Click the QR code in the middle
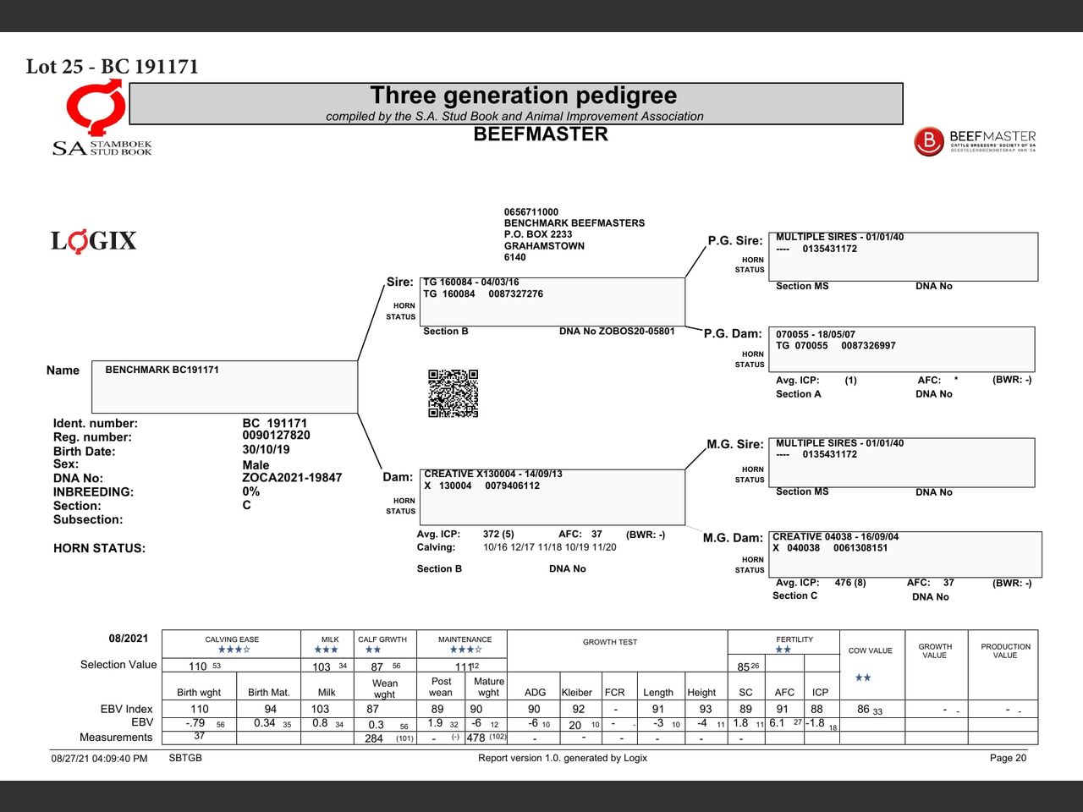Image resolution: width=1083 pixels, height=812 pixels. (453, 393)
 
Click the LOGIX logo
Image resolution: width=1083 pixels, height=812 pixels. (94, 241)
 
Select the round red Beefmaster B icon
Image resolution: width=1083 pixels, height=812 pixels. (928, 141)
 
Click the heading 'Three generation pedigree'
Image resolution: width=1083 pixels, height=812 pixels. (524, 95)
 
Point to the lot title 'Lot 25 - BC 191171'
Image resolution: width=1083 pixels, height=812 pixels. (112, 67)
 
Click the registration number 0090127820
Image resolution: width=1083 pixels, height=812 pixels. (277, 436)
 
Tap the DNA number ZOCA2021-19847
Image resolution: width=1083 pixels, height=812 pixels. (292, 478)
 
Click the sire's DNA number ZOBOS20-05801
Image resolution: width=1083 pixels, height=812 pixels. (636, 331)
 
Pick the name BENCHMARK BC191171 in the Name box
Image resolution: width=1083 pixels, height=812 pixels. (162, 370)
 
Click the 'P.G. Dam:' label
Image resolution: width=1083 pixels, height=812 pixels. (733, 334)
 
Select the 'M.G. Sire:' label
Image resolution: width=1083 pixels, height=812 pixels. (735, 444)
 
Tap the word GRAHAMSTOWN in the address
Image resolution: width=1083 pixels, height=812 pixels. (544, 245)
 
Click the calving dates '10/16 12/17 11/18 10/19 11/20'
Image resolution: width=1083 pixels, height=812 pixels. (550, 547)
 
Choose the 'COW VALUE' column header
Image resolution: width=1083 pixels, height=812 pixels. (871, 650)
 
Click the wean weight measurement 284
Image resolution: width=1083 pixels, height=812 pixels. (373, 738)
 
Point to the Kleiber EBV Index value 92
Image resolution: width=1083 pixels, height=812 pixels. (578, 710)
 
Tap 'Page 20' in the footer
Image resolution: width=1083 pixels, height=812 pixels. (1008, 758)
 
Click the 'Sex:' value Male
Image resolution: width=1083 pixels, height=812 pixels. (256, 465)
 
